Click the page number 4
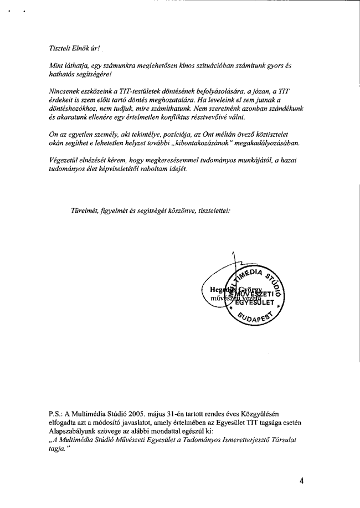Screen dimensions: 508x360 (x=301, y=481)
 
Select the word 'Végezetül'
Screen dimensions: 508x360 (x=65, y=161)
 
